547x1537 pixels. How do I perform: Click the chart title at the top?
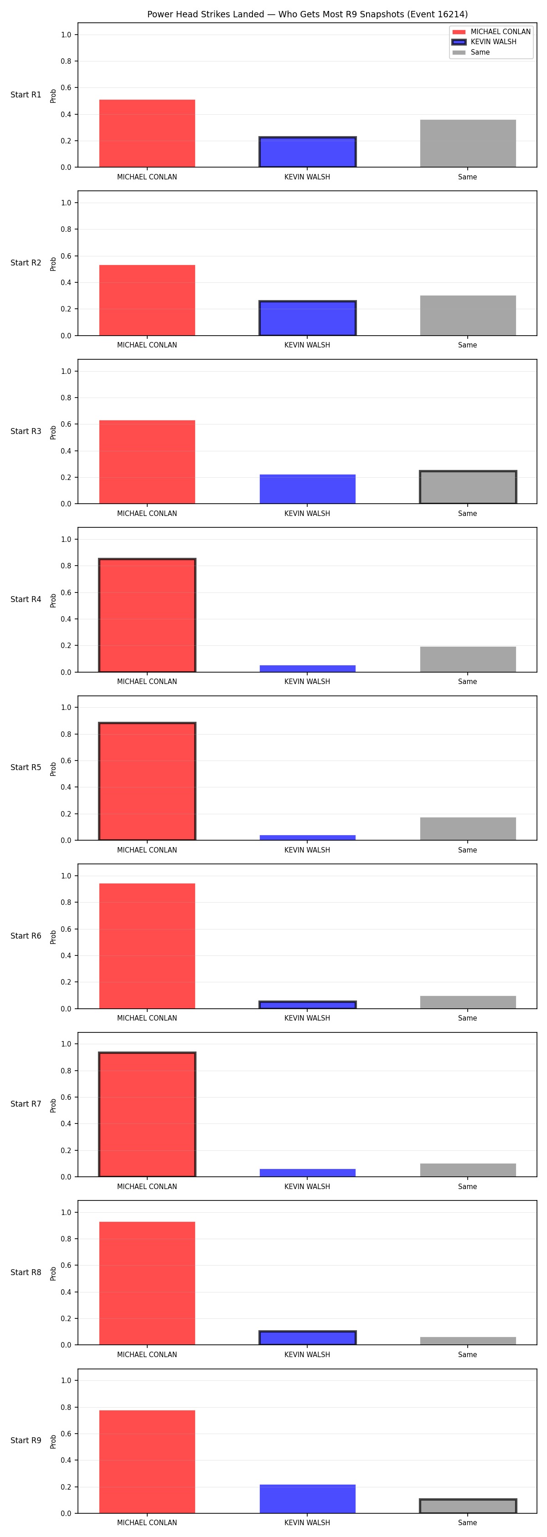(x=308, y=14)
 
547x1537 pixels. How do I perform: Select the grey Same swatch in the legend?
(x=459, y=52)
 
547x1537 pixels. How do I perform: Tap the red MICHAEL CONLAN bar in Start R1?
(x=147, y=133)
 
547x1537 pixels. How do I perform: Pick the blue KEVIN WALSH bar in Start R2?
(x=308, y=318)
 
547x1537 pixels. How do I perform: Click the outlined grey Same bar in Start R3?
(x=468, y=487)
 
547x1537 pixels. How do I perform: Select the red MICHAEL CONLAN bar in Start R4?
(x=147, y=615)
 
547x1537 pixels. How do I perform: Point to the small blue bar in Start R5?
(x=308, y=837)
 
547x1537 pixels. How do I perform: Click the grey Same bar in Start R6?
(x=468, y=1002)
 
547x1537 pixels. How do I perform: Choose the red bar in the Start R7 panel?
(x=147, y=1114)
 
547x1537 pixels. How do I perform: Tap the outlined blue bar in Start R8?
(x=308, y=1337)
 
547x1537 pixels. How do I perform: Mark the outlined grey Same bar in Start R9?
(x=468, y=1506)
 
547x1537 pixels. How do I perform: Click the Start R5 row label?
(x=26, y=767)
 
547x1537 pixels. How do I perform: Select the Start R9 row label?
(x=26, y=1440)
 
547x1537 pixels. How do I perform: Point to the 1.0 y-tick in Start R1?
(x=66, y=35)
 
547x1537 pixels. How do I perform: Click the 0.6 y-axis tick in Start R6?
(x=66, y=929)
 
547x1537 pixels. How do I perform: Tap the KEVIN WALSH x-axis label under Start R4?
(x=307, y=681)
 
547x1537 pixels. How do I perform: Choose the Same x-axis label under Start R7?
(x=468, y=1186)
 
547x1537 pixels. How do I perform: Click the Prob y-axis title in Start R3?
(x=53, y=433)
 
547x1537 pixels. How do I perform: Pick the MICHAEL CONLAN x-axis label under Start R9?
(x=147, y=1523)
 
